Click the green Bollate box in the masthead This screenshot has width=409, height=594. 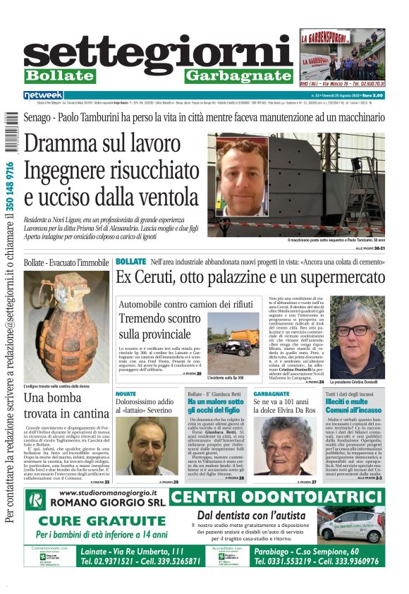pos(69,75)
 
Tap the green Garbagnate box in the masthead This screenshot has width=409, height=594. pos(238,75)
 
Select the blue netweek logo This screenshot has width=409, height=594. pos(43,95)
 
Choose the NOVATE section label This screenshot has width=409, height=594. pos(126,393)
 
